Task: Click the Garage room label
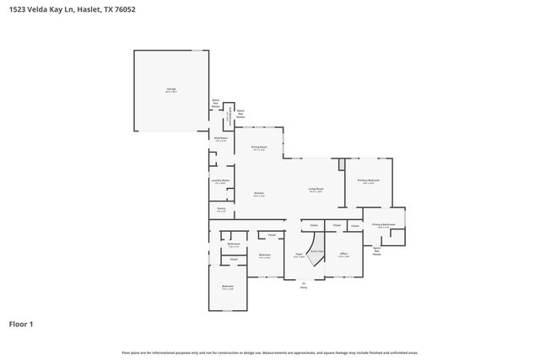tap(171, 89)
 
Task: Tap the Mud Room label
tap(219, 139)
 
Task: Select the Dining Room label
tap(258, 148)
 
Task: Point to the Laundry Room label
tap(220, 180)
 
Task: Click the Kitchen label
tap(259, 194)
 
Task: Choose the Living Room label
tap(316, 190)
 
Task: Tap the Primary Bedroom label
tap(368, 181)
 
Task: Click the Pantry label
tap(220, 209)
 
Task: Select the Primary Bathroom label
tap(384, 225)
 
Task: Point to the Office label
tap(343, 254)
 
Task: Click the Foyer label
tap(299, 255)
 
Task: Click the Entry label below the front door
tap(304, 287)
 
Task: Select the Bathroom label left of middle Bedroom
tap(234, 244)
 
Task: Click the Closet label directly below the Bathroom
tap(234, 260)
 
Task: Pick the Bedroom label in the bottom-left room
tap(228, 287)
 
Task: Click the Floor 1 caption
tap(21, 324)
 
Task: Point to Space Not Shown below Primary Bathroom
tap(376, 250)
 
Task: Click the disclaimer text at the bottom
tap(270, 352)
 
